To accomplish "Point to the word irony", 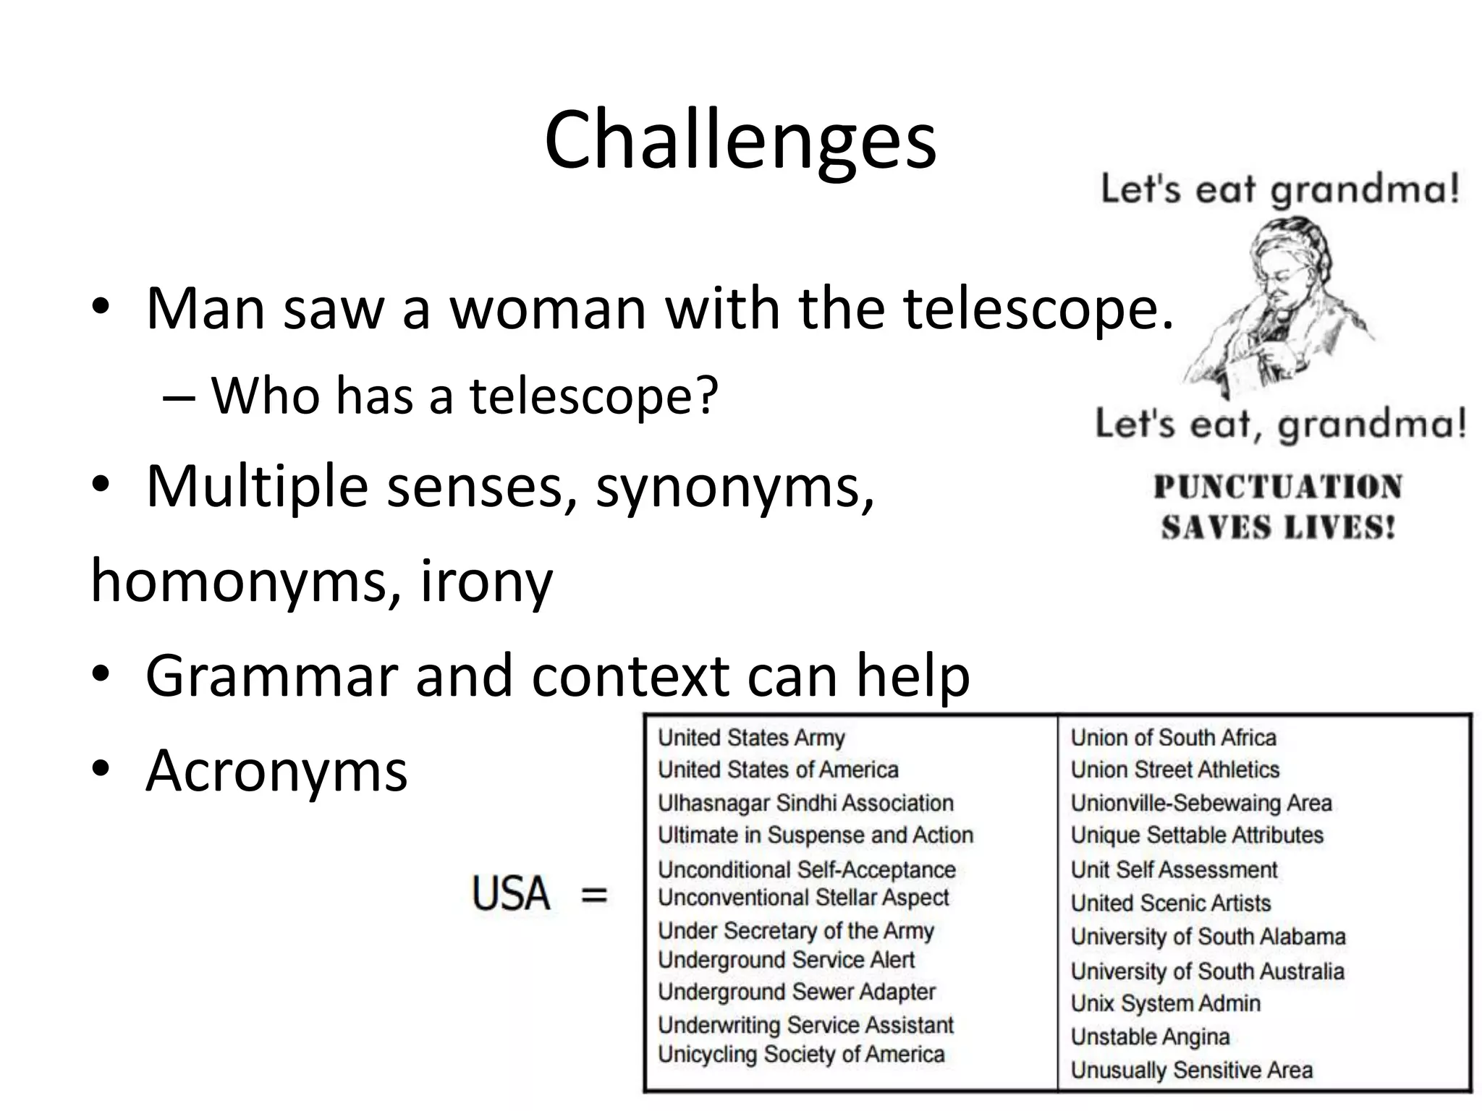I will (x=486, y=581).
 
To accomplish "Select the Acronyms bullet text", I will (x=276, y=770).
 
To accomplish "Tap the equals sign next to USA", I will (x=594, y=895).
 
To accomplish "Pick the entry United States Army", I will (x=751, y=738).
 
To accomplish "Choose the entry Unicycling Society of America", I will (x=801, y=1055).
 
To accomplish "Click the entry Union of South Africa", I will (x=1173, y=738).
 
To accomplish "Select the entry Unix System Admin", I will (x=1165, y=1004).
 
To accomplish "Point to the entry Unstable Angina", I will (x=1150, y=1037).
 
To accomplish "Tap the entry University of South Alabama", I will (x=1208, y=937).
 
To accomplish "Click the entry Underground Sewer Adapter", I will (x=796, y=992).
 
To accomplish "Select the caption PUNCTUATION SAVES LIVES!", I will (x=1278, y=507).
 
